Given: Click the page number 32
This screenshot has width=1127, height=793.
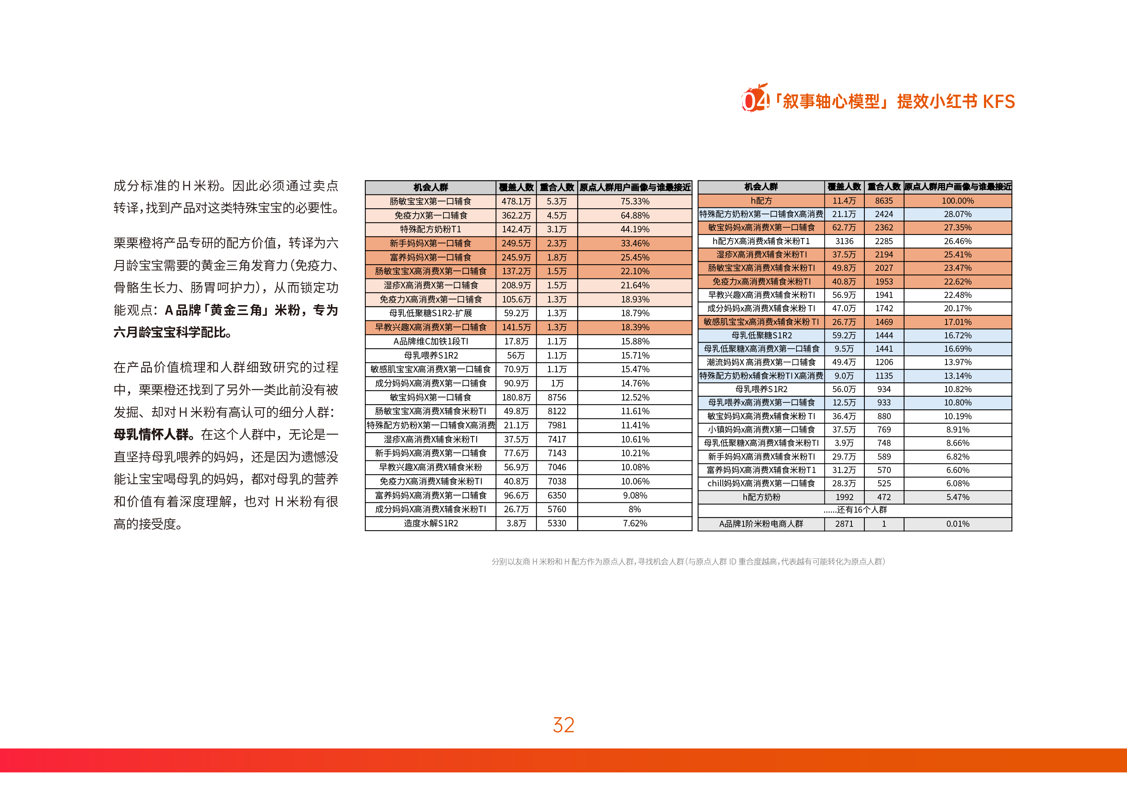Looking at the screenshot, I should [x=563, y=725].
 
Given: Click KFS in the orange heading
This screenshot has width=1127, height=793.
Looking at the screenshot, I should [x=998, y=101].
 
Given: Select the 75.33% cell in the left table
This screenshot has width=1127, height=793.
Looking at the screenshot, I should [x=635, y=201].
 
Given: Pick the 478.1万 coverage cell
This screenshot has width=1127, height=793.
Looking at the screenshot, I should [x=516, y=201].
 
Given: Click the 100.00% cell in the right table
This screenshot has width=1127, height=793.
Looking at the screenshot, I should [x=957, y=201].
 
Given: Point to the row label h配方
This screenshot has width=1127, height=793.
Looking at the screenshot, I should [x=761, y=201].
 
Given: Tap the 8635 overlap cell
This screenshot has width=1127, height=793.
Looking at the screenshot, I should [x=884, y=201].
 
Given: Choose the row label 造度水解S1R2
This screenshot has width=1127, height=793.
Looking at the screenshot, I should [x=430, y=523].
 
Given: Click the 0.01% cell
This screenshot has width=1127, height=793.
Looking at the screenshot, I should [x=957, y=524].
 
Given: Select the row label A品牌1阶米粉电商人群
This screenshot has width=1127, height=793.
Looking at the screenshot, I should [x=761, y=524].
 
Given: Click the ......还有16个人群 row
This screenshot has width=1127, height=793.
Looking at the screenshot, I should [x=855, y=510].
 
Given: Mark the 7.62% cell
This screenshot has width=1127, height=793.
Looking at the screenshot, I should [x=635, y=523].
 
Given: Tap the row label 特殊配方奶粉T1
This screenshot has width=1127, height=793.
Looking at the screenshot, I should [x=430, y=229].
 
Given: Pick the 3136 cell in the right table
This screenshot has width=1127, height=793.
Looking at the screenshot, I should [x=844, y=241].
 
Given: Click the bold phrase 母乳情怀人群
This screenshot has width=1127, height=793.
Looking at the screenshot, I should [x=151, y=434].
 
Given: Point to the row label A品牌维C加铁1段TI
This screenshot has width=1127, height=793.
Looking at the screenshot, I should [x=430, y=341].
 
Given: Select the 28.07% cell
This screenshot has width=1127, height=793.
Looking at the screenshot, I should [x=957, y=214].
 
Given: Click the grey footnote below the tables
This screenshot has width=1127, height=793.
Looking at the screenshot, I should [x=688, y=561].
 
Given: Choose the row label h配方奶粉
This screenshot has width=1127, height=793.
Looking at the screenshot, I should [x=761, y=497].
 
